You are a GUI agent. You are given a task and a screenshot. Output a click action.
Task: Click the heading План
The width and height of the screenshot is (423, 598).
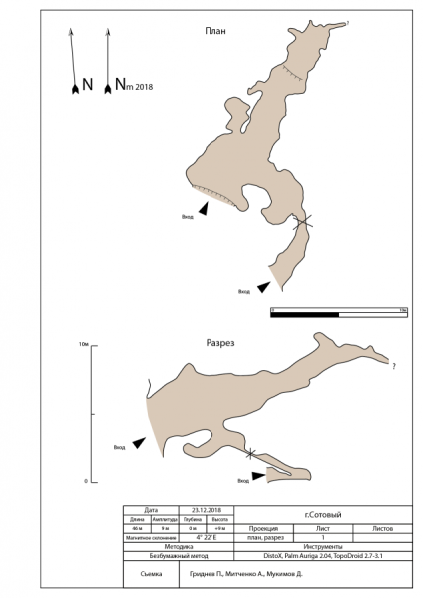point(212,30)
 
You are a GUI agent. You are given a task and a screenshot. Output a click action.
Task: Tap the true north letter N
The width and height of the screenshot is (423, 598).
point(88,86)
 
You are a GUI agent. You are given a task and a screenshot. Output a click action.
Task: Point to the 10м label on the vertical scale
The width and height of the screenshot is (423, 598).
point(84,344)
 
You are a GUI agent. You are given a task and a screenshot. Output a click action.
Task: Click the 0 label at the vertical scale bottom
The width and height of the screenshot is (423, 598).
point(87,481)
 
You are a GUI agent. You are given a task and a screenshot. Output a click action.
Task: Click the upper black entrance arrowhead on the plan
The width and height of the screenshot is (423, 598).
point(204,208)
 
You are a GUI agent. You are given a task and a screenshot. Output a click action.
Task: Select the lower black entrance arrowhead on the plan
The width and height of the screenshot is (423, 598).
point(262,287)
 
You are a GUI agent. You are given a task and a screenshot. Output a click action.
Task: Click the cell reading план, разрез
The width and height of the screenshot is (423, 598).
point(267,537)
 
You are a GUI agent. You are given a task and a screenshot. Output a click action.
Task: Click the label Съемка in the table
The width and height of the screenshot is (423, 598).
point(150,575)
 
